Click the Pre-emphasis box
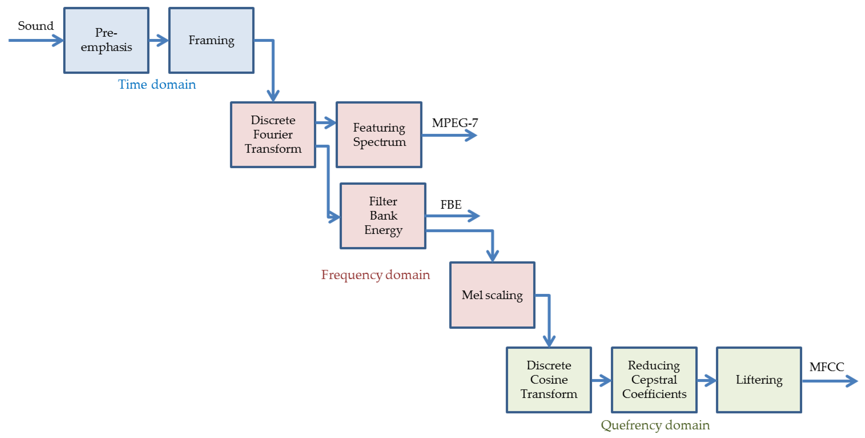coord(106,40)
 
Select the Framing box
coord(211,40)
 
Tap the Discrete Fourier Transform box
coord(273,135)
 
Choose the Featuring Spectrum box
coord(379,135)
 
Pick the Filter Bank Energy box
coord(383,216)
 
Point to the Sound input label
coord(36,26)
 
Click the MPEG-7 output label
coord(455,123)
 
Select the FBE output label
coord(451,204)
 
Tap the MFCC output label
coord(826,367)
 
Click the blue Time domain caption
coord(157,84)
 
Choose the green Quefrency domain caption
coord(655,425)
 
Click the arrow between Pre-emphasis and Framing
coord(159,40)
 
